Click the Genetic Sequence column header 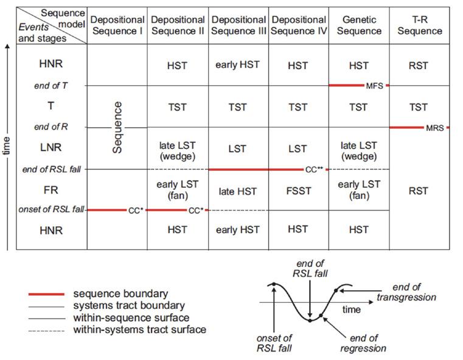pos(358,26)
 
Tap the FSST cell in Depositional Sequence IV pos(298,191)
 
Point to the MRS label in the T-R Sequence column pos(435,128)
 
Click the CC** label pos(315,170)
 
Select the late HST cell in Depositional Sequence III pos(238,191)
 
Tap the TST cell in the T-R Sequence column pos(419,107)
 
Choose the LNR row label pos(51,147)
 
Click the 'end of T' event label pos(51,86)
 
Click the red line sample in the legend pos(46,294)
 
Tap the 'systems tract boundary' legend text pos(128,306)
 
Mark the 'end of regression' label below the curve pos(364,344)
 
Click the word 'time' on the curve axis pos(351,310)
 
